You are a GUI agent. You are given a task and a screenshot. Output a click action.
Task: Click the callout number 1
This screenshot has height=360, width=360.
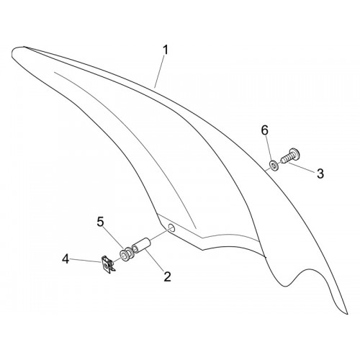166,50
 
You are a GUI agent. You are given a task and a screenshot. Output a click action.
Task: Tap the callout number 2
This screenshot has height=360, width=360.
167,276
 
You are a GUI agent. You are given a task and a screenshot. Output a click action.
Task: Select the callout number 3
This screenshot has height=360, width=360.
320,174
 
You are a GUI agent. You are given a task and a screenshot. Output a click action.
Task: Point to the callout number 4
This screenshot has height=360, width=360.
66,259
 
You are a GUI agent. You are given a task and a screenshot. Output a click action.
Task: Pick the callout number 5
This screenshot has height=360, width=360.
100,222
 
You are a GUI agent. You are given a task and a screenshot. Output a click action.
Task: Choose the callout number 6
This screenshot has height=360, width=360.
265,130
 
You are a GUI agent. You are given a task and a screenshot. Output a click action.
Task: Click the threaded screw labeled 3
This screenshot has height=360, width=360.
290,156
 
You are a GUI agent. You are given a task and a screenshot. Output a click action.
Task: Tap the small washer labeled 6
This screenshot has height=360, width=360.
274,166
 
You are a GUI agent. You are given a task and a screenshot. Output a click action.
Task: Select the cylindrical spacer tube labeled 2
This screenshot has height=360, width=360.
141,245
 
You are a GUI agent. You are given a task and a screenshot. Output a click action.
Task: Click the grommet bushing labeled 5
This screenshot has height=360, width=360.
125,255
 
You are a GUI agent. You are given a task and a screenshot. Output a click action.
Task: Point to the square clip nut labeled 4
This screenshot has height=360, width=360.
107,265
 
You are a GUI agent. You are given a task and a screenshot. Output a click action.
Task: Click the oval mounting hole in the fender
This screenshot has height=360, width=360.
171,227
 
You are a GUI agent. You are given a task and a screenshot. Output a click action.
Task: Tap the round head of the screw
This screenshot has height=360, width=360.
296,153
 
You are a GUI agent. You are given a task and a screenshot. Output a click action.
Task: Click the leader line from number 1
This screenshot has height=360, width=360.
159,71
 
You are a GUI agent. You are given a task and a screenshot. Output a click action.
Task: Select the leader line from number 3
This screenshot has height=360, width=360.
301,168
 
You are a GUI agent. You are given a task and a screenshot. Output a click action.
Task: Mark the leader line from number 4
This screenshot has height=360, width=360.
86,261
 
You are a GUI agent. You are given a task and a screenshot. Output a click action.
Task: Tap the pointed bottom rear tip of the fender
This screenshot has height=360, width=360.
347,313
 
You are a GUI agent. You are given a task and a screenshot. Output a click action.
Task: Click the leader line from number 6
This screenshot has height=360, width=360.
269,149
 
